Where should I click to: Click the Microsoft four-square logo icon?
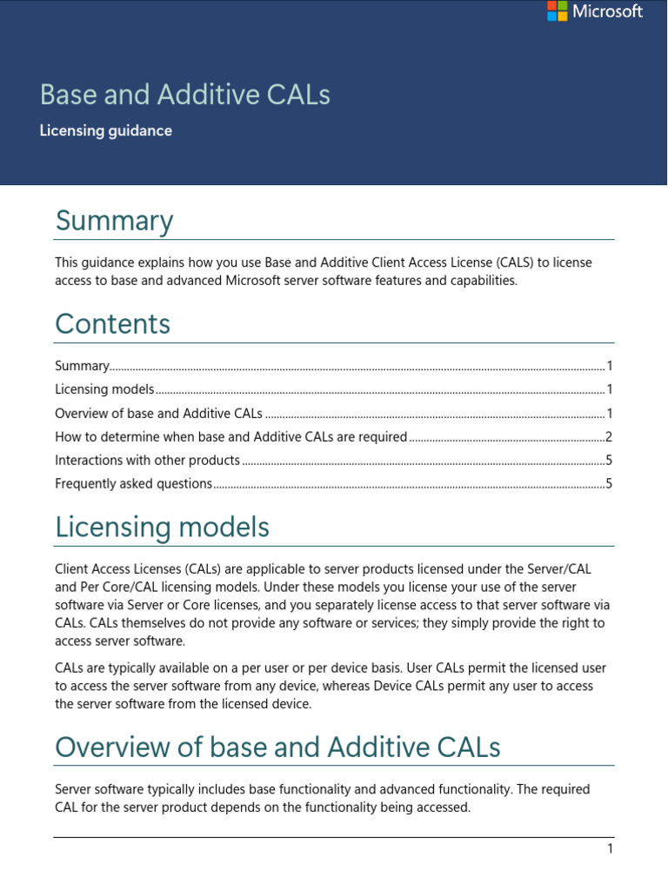(x=558, y=11)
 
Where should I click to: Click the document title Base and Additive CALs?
(x=185, y=94)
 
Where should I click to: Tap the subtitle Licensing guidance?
(x=105, y=131)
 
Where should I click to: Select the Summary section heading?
(x=114, y=221)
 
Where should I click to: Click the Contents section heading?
(x=112, y=324)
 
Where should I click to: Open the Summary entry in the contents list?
(x=82, y=366)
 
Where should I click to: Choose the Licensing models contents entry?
(x=104, y=389)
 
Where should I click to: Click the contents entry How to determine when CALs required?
(x=230, y=437)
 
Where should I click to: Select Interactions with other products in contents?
(x=147, y=461)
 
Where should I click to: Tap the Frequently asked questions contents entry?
(x=133, y=484)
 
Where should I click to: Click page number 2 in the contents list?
(x=610, y=437)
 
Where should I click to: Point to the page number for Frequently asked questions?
(x=610, y=484)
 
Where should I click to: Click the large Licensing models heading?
(x=162, y=528)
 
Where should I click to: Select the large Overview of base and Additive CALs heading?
(x=277, y=747)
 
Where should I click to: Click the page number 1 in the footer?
(x=610, y=849)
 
